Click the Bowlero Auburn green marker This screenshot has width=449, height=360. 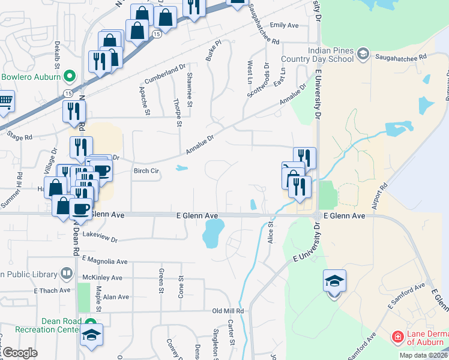[x=69, y=77]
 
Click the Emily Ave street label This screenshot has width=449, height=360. [x=285, y=25]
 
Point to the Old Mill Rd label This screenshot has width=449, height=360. [x=228, y=311]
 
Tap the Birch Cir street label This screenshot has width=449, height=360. [x=146, y=171]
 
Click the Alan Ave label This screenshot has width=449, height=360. [x=116, y=296]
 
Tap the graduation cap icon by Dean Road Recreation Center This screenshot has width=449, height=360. [x=91, y=335]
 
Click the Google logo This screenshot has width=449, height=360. [x=20, y=353]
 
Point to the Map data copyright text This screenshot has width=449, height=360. [x=423, y=355]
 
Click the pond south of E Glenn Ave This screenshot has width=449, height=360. [x=212, y=233]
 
